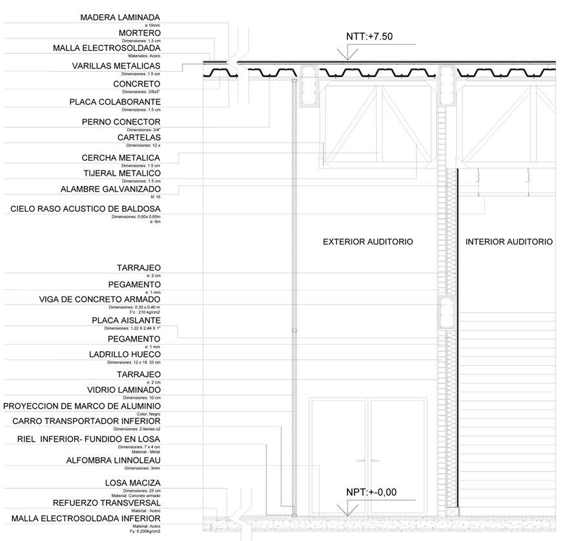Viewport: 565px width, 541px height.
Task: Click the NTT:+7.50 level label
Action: coord(369,37)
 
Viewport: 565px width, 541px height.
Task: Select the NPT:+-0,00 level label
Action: coord(371,492)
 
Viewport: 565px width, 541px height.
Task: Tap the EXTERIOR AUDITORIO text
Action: coord(367,241)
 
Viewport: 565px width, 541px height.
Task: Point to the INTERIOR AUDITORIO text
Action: coord(509,241)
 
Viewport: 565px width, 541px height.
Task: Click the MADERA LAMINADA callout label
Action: coord(120,17)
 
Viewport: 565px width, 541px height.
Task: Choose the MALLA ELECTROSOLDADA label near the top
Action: coord(107,48)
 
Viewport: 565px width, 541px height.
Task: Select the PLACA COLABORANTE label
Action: coord(115,102)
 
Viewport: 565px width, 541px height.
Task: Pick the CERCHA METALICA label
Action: coord(121,158)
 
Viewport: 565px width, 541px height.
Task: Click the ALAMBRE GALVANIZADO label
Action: coord(110,189)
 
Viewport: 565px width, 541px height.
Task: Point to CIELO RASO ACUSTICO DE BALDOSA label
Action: coord(85,209)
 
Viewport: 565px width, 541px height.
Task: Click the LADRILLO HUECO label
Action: coord(125,354)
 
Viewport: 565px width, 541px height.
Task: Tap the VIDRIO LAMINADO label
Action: coord(124,390)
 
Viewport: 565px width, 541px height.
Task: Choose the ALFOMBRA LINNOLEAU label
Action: coord(114,460)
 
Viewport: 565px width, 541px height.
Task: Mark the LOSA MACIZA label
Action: coord(133,483)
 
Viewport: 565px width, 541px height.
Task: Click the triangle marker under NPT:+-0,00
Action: coord(347,510)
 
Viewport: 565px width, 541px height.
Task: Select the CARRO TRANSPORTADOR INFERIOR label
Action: coord(87,422)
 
